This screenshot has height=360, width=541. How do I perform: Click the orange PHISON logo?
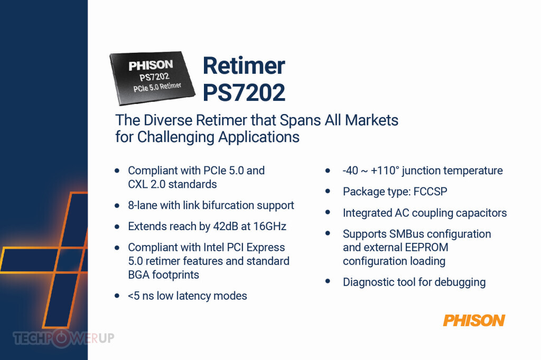pos(474,320)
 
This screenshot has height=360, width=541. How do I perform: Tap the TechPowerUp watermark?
pos(63,338)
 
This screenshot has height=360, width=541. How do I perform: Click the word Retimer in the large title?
pos(244,65)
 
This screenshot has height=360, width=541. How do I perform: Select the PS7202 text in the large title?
pos(244,92)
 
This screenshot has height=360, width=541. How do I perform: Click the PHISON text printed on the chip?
pos(151,65)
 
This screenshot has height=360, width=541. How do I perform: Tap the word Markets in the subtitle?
pos(371,120)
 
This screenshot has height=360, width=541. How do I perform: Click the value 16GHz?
pos(270,226)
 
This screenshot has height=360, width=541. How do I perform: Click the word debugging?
pos(460,282)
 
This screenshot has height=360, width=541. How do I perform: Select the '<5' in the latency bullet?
pos(134,296)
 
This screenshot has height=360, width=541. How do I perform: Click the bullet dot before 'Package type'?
pos(328,191)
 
